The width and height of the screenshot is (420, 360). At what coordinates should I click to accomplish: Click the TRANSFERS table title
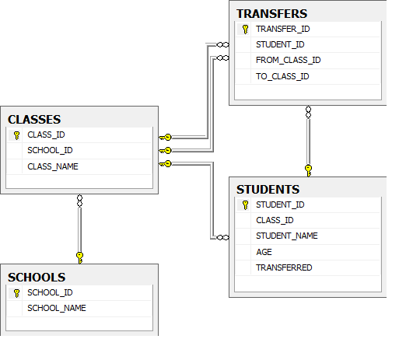271,13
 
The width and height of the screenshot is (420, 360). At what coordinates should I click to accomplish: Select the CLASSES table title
34,119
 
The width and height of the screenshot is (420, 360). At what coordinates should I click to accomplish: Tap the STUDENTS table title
268,189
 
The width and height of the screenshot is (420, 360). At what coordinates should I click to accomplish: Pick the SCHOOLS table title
37,277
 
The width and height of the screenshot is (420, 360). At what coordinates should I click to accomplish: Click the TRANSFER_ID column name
282,29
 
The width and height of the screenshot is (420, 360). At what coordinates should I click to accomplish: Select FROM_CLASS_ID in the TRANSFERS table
288,60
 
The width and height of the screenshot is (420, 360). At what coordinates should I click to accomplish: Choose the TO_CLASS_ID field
282,76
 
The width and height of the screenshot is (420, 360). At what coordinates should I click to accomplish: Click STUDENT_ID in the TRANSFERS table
280,44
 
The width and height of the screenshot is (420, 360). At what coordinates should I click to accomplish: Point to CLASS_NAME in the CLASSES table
53,166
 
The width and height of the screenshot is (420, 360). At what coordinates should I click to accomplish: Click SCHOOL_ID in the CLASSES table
50,150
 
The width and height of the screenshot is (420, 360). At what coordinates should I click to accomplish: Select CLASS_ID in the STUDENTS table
275,220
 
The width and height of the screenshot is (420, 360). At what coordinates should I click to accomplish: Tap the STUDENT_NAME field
286,236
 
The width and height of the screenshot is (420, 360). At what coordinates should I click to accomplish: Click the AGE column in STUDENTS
264,252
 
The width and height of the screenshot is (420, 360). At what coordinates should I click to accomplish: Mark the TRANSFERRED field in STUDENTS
284,267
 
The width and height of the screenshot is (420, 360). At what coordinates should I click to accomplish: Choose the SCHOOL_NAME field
56,308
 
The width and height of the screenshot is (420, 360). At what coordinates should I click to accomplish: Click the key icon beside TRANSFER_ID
245,29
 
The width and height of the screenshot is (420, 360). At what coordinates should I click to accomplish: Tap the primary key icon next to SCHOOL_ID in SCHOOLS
16,293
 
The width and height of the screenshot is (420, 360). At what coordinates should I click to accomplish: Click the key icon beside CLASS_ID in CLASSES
16,135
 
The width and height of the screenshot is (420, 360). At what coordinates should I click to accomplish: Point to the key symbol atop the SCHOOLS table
79,256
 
